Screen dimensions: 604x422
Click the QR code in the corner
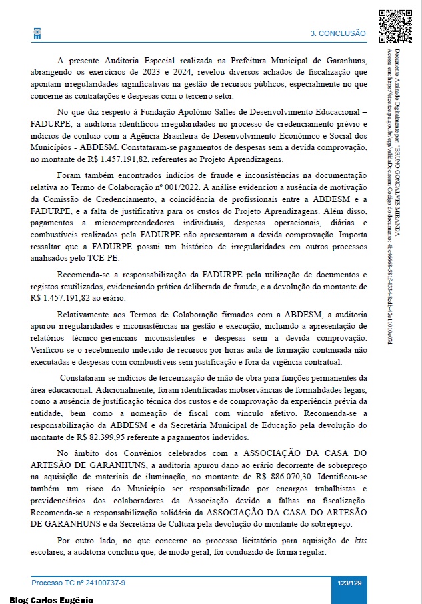395,26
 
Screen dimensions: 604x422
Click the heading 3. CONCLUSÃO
338,33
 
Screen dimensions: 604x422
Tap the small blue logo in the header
37,33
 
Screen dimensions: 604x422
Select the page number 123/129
349,583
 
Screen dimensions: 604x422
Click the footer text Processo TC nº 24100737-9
79,583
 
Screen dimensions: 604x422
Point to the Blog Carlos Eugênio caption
51,599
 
